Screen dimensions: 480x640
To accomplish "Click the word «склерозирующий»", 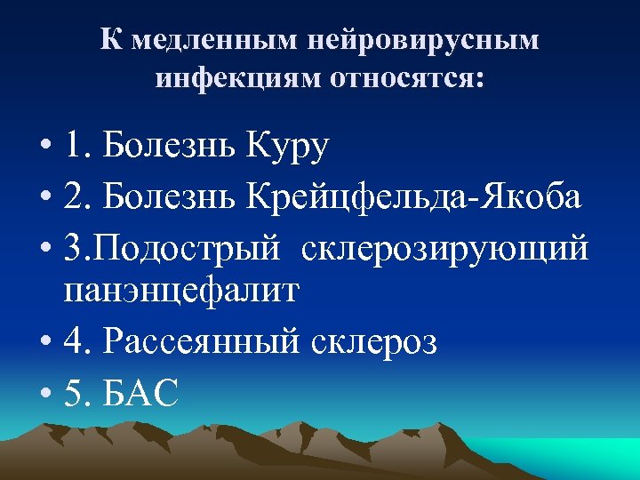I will [444, 248].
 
